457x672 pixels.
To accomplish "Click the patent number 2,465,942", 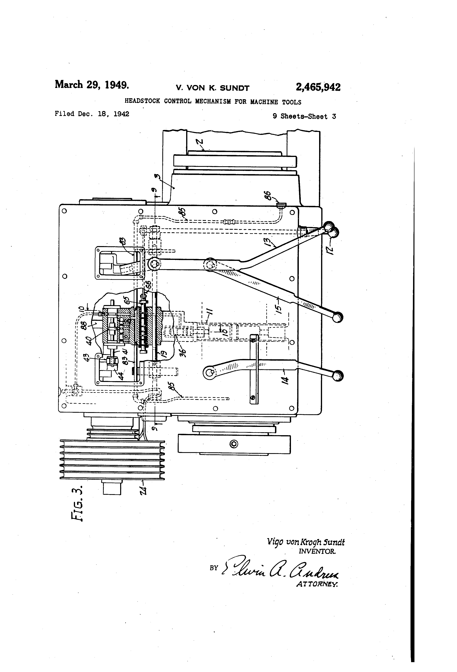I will tap(318, 87).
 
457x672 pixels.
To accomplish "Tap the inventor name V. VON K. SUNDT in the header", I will tap(212, 88).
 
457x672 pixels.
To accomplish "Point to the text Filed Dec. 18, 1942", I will tap(92, 114).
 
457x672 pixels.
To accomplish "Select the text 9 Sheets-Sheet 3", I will tap(304, 117).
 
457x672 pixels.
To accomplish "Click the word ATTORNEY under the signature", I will tap(317, 584).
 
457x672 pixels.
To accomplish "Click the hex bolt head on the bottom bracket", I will tap(234, 444).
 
